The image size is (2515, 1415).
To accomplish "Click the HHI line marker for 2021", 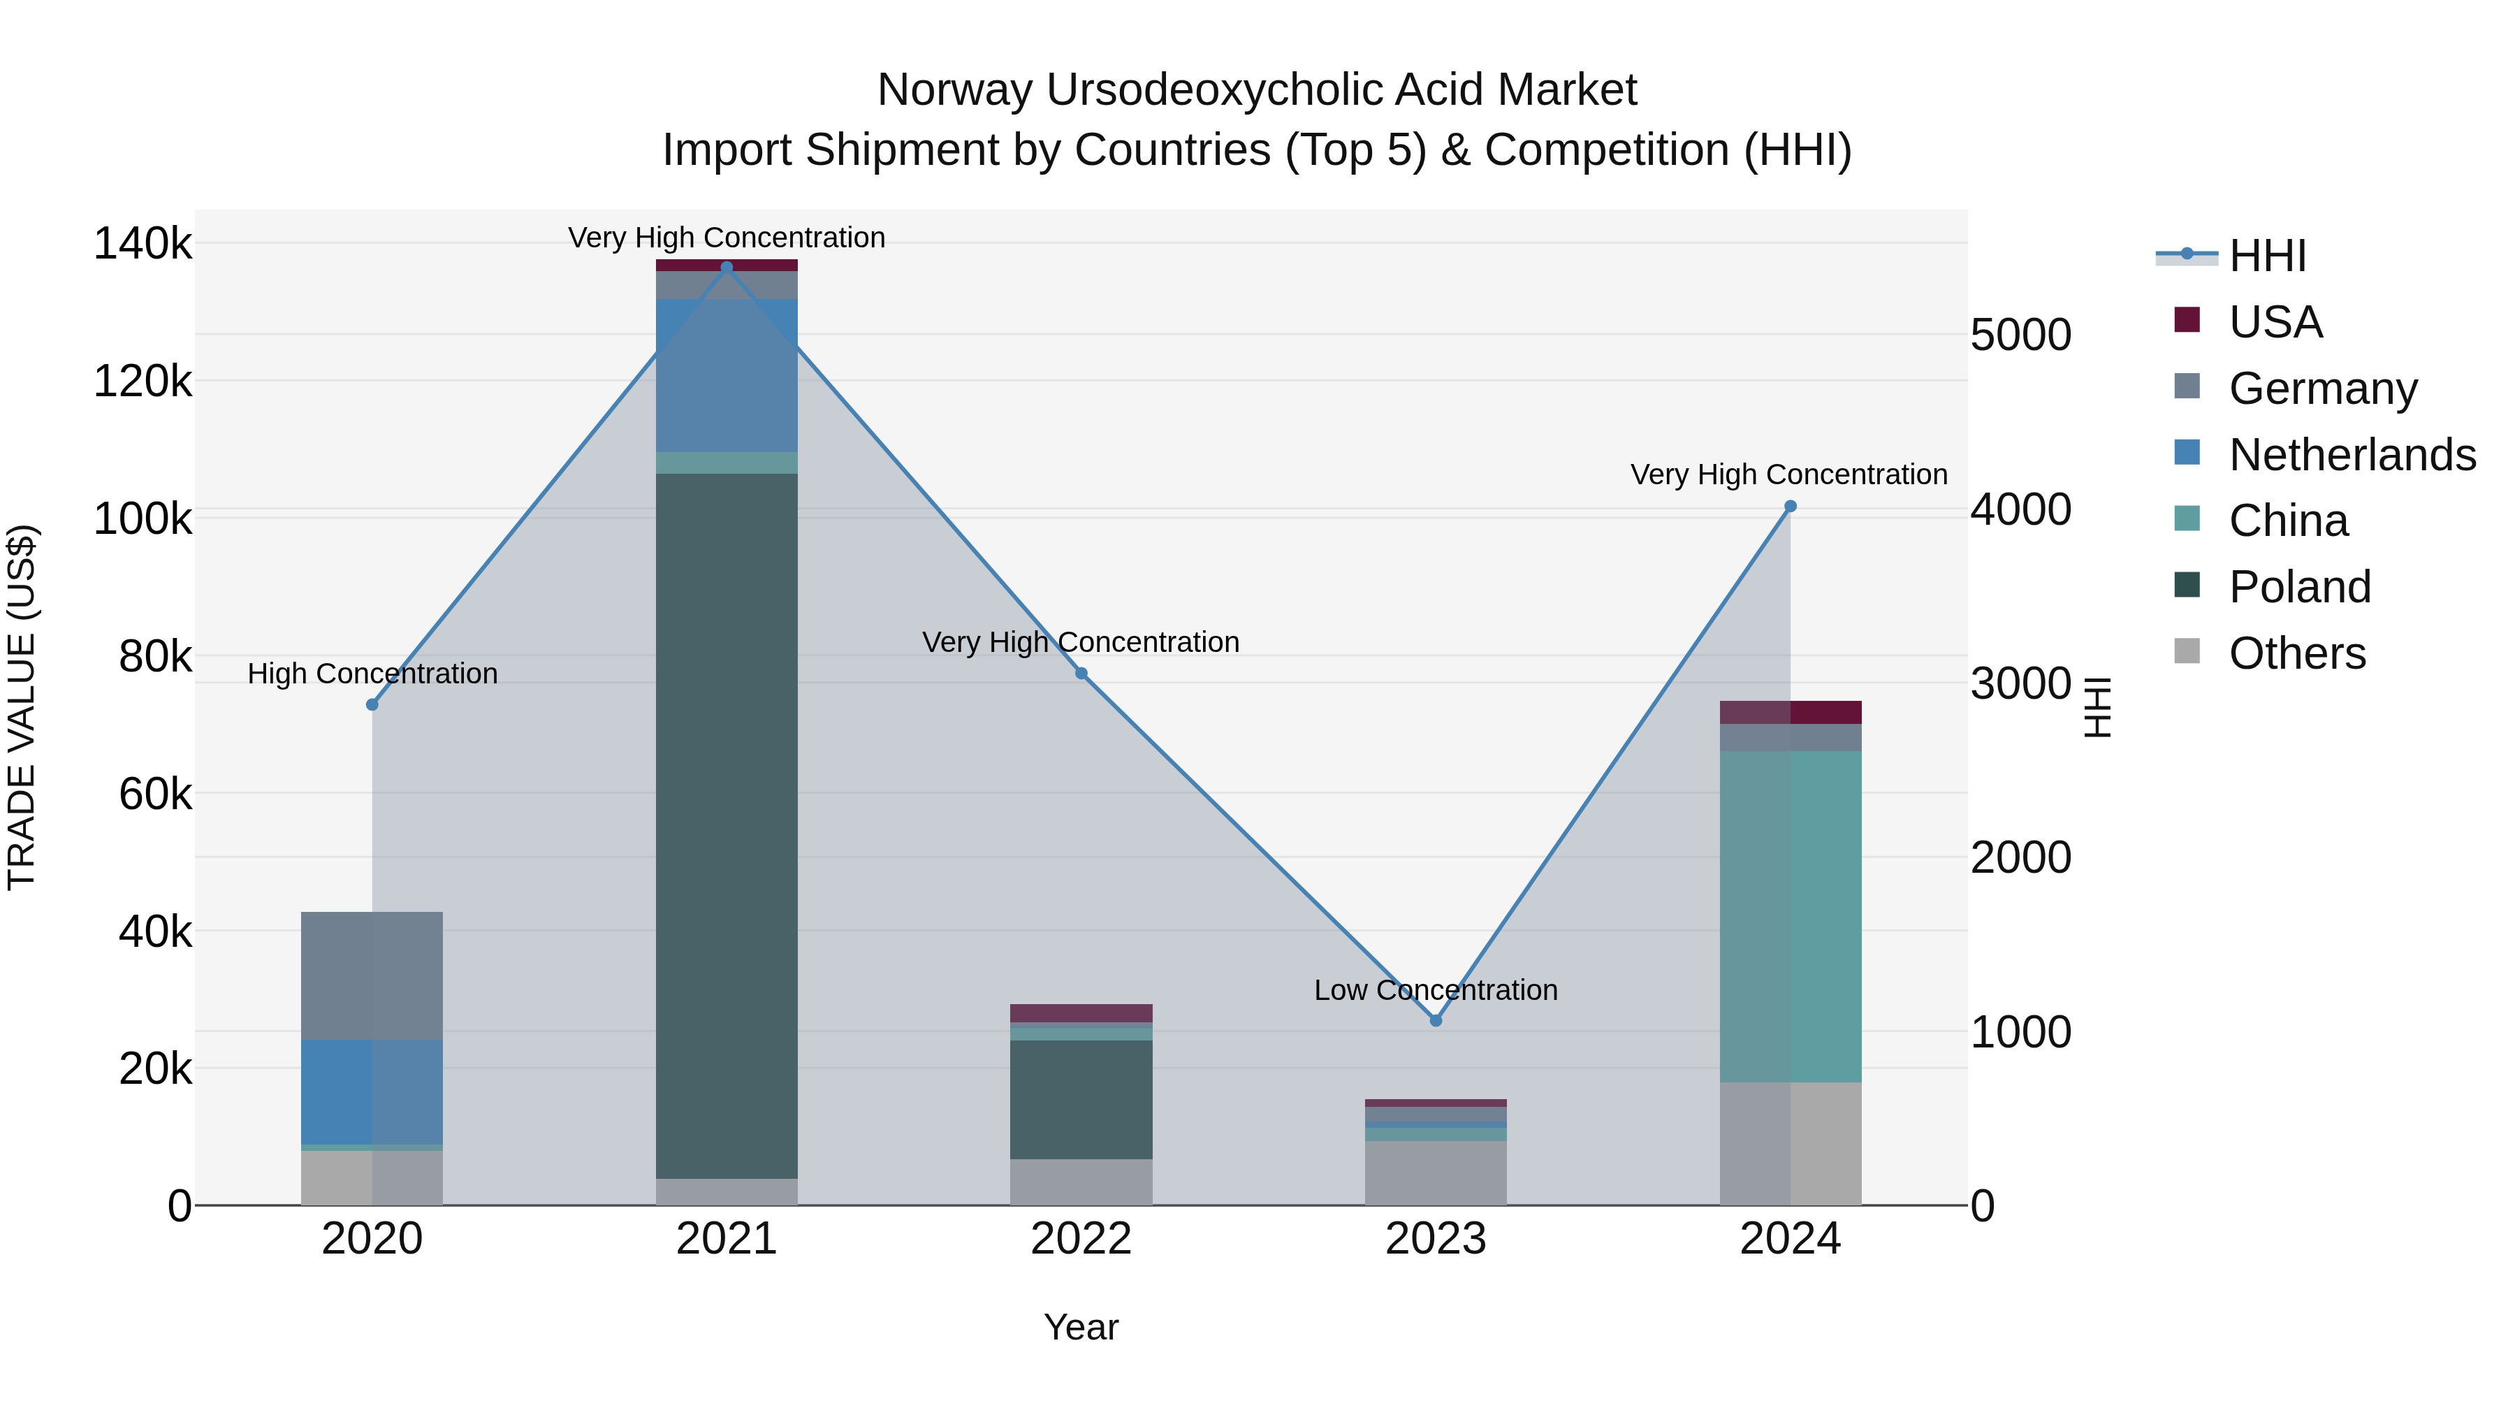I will pyautogui.click(x=727, y=268).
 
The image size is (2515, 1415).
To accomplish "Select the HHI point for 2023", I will pyautogui.click(x=1435, y=1020).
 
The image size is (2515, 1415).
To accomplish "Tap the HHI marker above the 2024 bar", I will pyautogui.click(x=1790, y=507).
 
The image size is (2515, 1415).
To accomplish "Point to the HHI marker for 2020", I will pyautogui.click(x=372, y=705).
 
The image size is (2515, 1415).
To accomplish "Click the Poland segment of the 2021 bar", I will pyautogui.click(x=727, y=825).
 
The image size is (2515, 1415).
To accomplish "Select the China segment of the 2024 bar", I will pyautogui.click(x=1790, y=916).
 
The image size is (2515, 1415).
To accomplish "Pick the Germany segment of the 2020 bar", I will pyautogui.click(x=372, y=975).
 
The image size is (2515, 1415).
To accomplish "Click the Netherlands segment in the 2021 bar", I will pyautogui.click(x=727, y=376).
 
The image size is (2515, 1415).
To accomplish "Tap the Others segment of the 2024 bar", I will pyautogui.click(x=1790, y=1143).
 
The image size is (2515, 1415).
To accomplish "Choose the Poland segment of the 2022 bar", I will pyautogui.click(x=1081, y=1100).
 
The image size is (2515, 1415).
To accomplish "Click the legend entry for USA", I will pyautogui.click(x=2275, y=322).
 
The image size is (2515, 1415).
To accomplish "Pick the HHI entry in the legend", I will pyautogui.click(x=2267, y=256).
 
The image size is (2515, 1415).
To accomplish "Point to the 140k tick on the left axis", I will pyautogui.click(x=143, y=243).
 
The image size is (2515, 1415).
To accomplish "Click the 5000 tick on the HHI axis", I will pyautogui.click(x=2020, y=335).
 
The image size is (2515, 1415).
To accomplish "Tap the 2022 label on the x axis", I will pyautogui.click(x=1081, y=1239).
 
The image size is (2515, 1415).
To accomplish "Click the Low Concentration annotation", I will pyautogui.click(x=1435, y=990).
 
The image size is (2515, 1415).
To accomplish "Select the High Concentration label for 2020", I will pyautogui.click(x=372, y=674).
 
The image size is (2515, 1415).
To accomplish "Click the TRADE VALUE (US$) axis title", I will pyautogui.click(x=22, y=707).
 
